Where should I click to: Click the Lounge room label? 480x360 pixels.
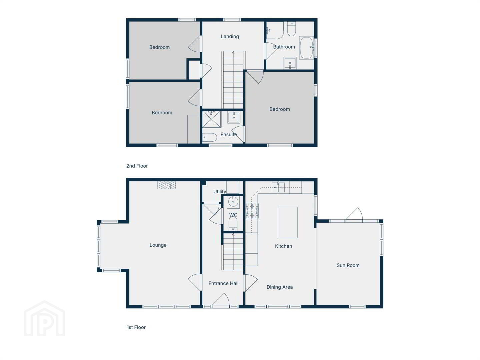click(x=158, y=245)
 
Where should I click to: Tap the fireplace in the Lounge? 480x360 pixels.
click(x=167, y=185)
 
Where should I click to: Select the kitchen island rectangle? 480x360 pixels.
click(x=287, y=222)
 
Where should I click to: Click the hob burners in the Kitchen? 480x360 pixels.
click(x=252, y=211)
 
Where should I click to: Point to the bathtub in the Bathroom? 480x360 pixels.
click(x=306, y=48)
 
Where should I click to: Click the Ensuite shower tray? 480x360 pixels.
click(x=211, y=119)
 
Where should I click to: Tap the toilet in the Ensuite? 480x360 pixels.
click(x=209, y=137)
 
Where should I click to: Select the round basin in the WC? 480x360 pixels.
click(x=233, y=202)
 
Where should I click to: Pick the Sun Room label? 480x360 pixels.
click(x=348, y=265)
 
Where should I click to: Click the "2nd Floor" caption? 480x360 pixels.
click(x=137, y=166)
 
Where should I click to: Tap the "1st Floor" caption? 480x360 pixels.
click(x=136, y=327)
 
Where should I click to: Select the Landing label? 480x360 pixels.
click(x=230, y=36)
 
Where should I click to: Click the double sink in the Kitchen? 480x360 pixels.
click(x=278, y=187)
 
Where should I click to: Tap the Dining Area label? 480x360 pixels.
click(x=279, y=287)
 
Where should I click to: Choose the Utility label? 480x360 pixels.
click(x=220, y=191)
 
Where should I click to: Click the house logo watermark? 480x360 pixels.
click(x=45, y=318)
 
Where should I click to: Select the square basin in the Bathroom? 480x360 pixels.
click(x=290, y=63)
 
